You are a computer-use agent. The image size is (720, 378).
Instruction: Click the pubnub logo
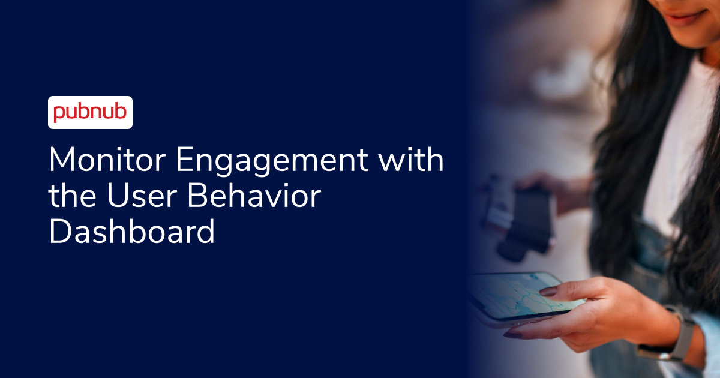tap(90, 113)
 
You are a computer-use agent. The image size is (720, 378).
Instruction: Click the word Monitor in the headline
tap(103, 161)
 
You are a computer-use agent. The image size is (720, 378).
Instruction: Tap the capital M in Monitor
tap(62, 161)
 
